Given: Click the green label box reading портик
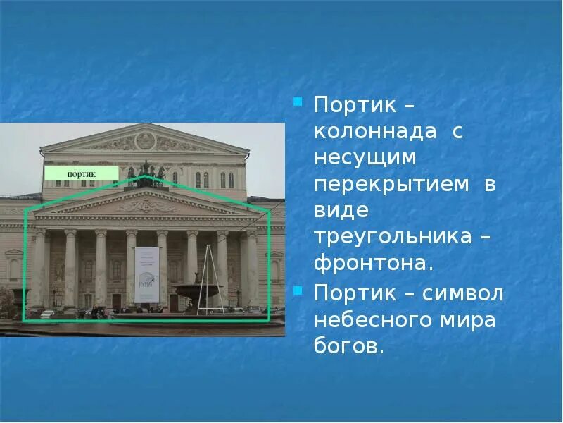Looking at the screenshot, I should coord(82,173).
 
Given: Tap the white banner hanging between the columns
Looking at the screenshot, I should coord(146,274).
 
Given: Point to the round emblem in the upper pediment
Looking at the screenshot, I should coord(145,140).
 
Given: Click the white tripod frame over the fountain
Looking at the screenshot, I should coord(208,278).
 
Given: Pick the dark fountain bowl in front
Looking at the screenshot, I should coord(199,290).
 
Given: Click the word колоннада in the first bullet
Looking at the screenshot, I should coord(365,132).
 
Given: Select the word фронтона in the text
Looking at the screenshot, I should coord(369,264).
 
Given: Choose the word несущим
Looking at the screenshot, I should coord(365,158).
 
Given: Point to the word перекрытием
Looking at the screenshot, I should coord(391,184).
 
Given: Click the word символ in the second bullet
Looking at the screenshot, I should coord(462,293).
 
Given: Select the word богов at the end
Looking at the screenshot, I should coord(348,346).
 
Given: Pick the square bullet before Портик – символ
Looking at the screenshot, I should coord(298,289).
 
